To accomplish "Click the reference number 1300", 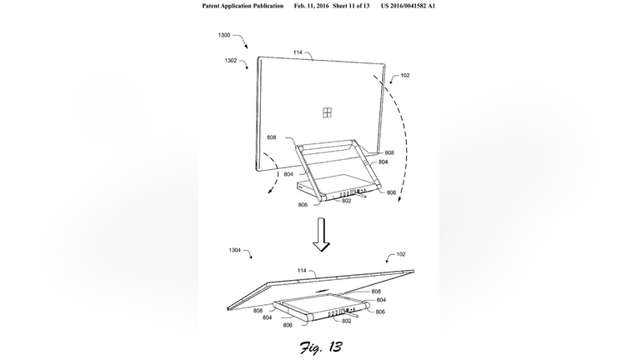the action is click(x=223, y=35).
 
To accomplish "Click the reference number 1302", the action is click(x=230, y=61).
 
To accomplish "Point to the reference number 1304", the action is click(x=234, y=251).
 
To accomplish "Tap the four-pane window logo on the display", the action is click(x=327, y=112).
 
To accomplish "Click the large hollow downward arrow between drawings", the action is click(x=321, y=235).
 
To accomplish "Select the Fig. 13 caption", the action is click(x=321, y=347).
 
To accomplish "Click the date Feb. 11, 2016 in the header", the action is click(x=312, y=6).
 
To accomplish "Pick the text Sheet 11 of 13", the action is click(x=351, y=6).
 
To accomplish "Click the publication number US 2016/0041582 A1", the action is click(x=408, y=6).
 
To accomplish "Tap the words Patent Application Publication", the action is click(x=243, y=6).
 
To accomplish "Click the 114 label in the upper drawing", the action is click(x=298, y=52).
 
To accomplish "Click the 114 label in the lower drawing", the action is click(x=302, y=271).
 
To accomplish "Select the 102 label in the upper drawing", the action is click(x=405, y=76).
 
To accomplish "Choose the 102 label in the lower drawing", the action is click(x=400, y=254).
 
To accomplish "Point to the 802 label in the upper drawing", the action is click(x=346, y=201).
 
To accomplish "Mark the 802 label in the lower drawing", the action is click(x=346, y=321).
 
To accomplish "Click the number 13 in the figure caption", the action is click(x=334, y=347).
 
